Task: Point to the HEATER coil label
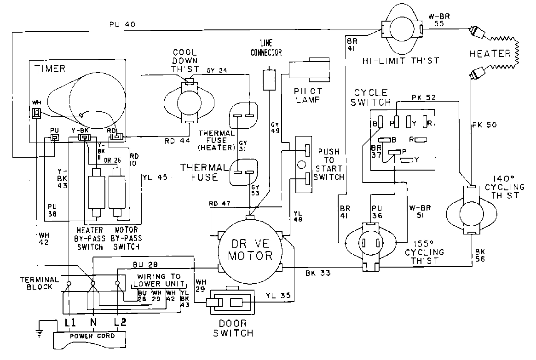pos(490,53)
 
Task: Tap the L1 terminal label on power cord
pos(70,323)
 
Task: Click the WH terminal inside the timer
pos(35,113)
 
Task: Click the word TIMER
pos(49,69)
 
